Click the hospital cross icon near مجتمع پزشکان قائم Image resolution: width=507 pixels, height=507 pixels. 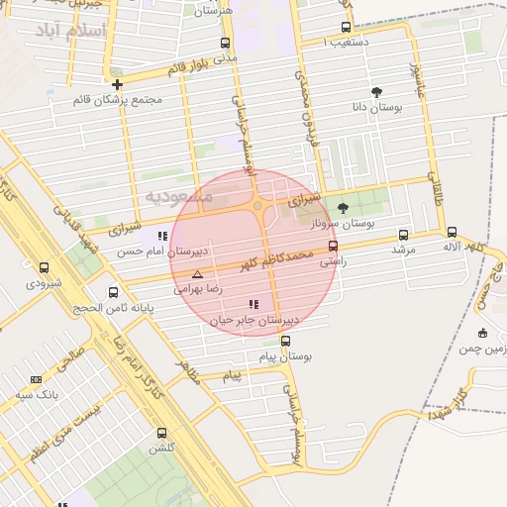[x=118, y=84]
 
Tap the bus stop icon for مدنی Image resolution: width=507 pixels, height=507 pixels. [x=226, y=44]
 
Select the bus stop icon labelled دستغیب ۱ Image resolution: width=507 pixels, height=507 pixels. [x=346, y=28]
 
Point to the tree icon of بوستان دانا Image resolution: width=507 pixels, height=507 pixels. [x=375, y=91]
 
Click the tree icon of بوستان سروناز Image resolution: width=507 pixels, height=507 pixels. [x=343, y=208]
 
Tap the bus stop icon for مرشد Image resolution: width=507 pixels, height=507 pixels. [x=403, y=235]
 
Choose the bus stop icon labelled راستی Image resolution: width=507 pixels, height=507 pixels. [x=333, y=247]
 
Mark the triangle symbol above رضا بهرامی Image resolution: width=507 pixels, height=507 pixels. [x=197, y=274]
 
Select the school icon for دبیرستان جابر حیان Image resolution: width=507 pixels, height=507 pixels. [x=253, y=304]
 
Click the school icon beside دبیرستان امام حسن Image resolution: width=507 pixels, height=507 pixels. [x=162, y=236]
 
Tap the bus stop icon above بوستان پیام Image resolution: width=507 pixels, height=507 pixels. [x=285, y=341]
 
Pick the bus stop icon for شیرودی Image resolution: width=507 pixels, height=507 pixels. [x=44, y=267]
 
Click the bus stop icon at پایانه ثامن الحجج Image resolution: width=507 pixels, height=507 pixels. [x=113, y=293]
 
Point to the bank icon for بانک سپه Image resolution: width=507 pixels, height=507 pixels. [x=37, y=379]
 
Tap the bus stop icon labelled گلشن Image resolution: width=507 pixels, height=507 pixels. [x=161, y=433]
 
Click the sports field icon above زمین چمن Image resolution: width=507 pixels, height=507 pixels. [x=482, y=333]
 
